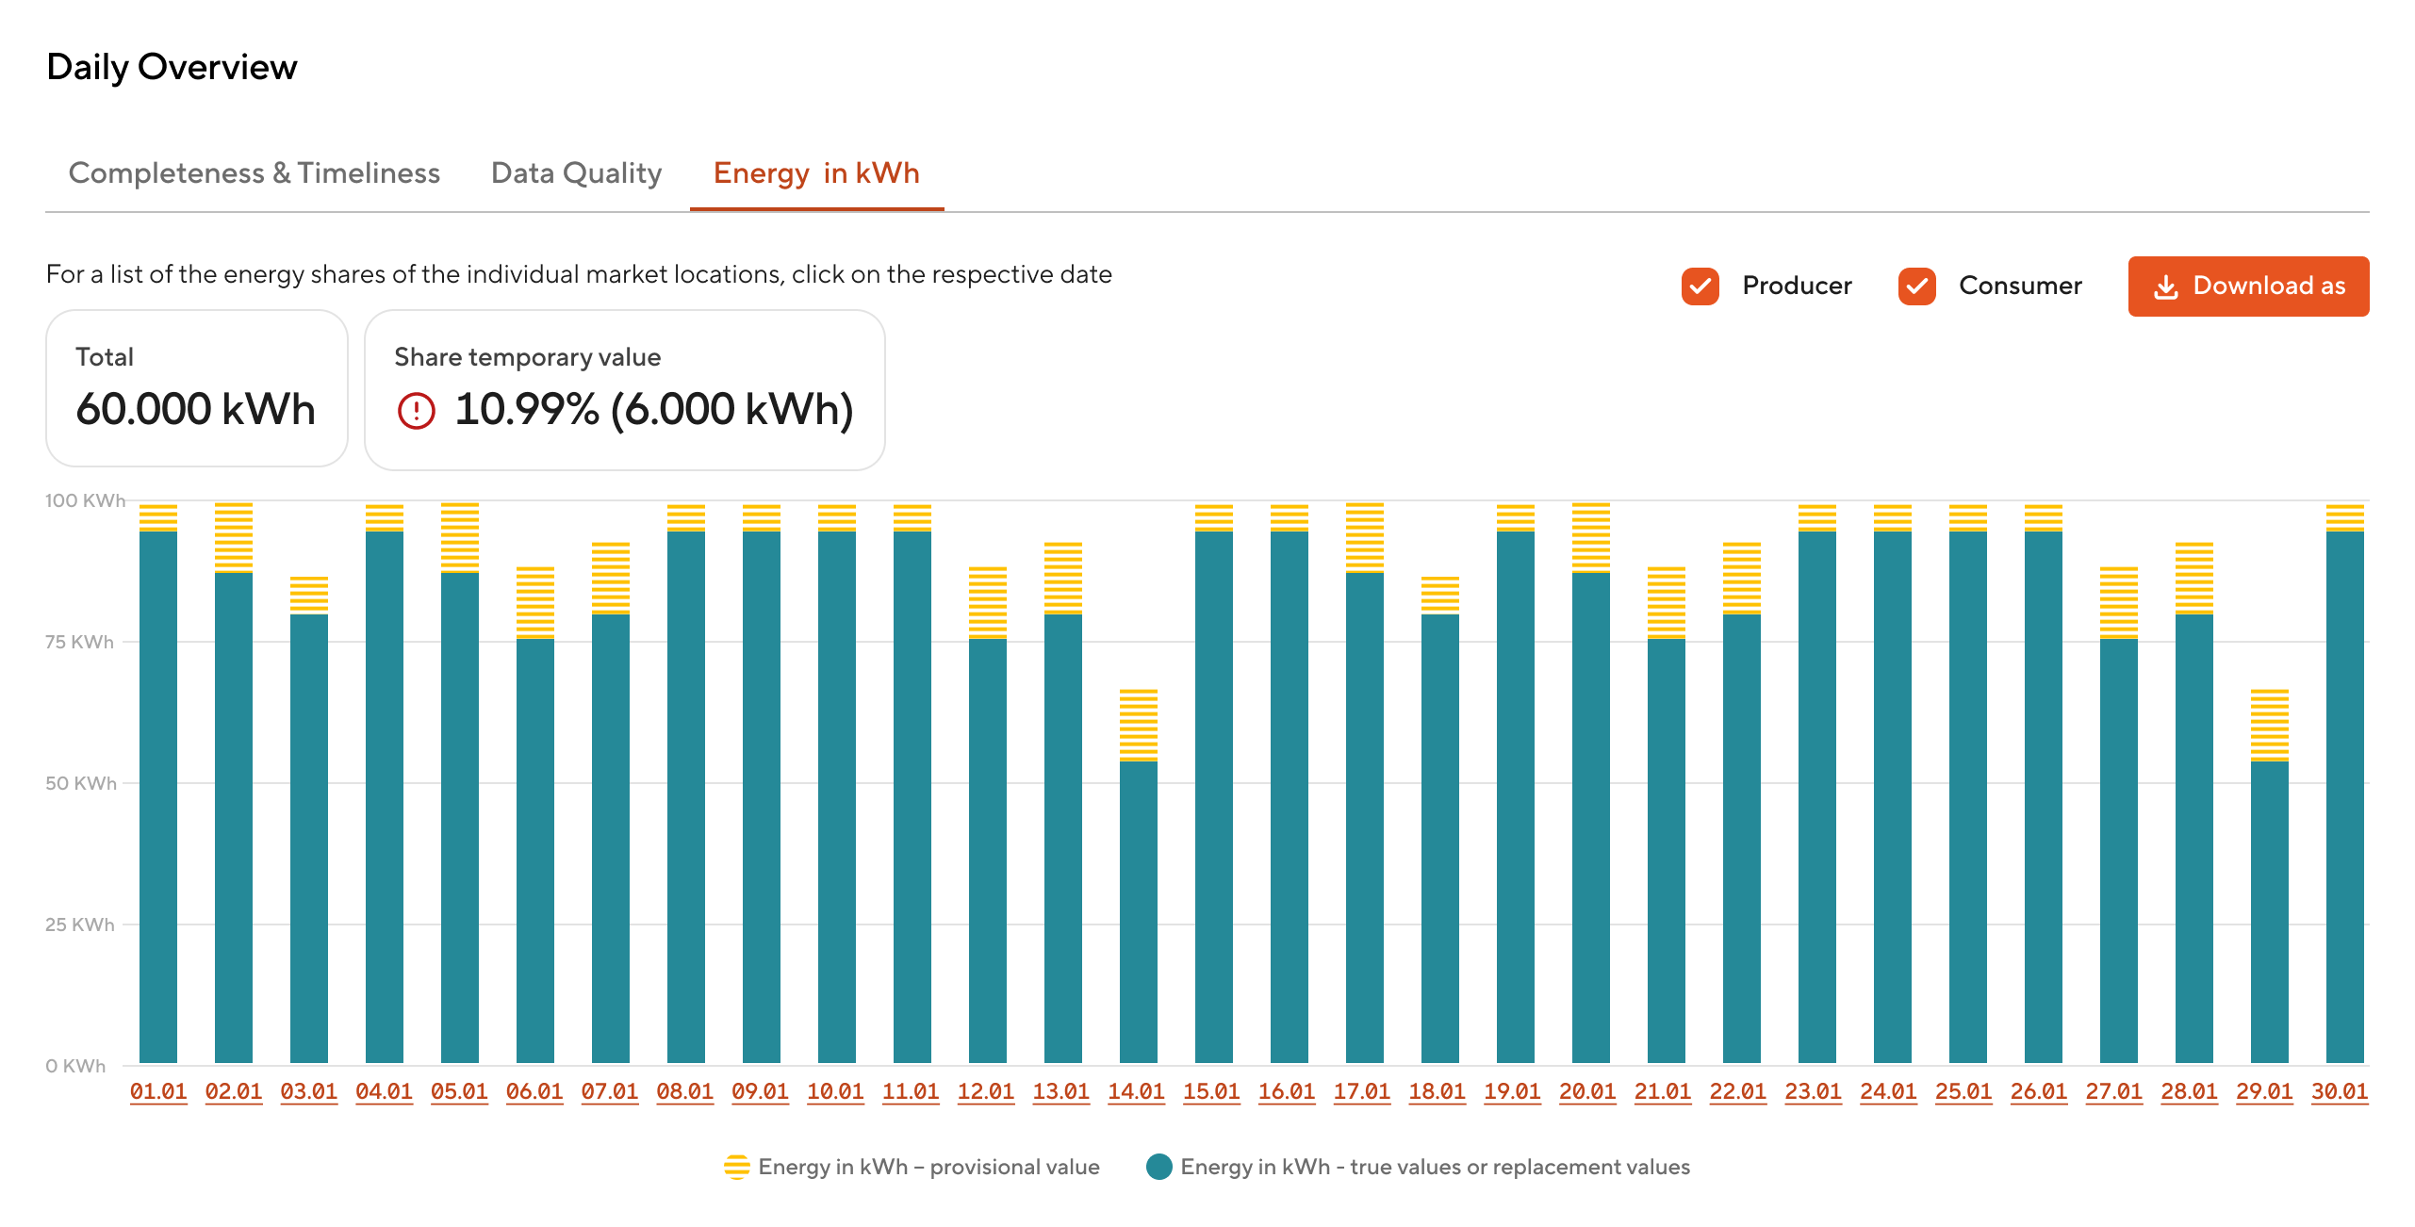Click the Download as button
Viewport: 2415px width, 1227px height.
point(2248,286)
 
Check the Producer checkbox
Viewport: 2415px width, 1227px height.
point(1700,286)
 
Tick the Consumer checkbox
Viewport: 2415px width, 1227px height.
point(1917,286)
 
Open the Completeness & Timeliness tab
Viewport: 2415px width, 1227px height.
point(255,173)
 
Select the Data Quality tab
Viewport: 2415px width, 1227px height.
point(577,173)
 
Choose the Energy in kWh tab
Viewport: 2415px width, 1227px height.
point(816,173)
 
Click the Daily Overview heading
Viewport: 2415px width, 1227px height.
point(172,67)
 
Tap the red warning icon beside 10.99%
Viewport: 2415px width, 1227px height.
point(416,410)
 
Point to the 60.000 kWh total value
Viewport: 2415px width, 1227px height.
point(195,409)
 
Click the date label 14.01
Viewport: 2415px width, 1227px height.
point(1137,1091)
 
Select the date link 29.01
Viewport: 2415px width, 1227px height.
point(2264,1091)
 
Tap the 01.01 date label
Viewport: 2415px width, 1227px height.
point(158,1091)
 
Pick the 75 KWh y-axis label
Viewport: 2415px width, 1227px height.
point(79,642)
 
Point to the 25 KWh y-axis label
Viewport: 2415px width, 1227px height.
point(79,924)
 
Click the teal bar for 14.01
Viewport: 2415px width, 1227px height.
point(1139,912)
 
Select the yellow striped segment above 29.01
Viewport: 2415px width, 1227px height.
point(2270,725)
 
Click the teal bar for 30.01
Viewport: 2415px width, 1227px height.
point(2345,797)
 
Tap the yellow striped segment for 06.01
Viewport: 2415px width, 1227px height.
point(535,602)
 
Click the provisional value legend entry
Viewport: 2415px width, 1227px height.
point(912,1167)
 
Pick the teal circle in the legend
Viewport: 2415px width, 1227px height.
point(1159,1167)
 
